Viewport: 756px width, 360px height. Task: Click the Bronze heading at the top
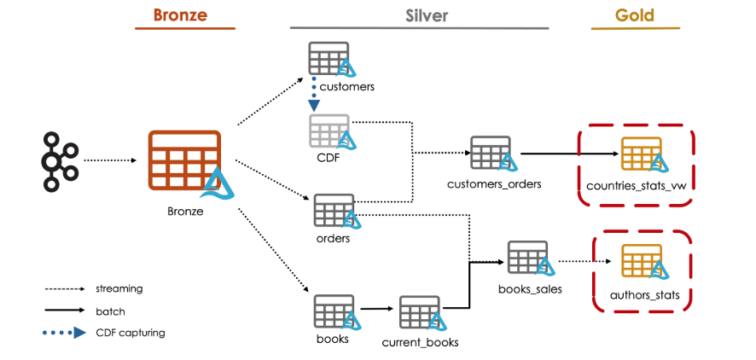[183, 15]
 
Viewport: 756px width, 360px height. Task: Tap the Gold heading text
[635, 15]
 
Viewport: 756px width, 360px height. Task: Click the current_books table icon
[419, 313]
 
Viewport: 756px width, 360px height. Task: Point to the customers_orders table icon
[491, 154]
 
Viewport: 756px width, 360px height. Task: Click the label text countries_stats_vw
[637, 185]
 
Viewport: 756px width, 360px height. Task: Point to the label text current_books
[420, 342]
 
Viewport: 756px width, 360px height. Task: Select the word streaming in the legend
[119, 289]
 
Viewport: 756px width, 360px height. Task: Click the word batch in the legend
[110, 311]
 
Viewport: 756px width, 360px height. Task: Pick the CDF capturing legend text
[130, 333]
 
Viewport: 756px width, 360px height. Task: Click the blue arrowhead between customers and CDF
[315, 105]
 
